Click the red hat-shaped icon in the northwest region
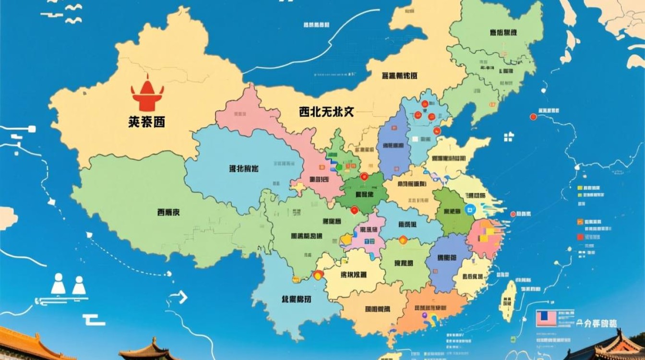click(x=147, y=94)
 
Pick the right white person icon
click(x=79, y=285)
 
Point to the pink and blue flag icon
click(x=546, y=318)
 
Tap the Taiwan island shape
click(x=507, y=300)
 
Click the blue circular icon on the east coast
click(x=469, y=209)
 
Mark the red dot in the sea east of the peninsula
click(x=533, y=117)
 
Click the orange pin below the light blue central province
click(x=403, y=240)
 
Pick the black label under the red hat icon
click(x=146, y=122)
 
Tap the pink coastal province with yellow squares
click(x=486, y=238)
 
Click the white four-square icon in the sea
click(x=509, y=137)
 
